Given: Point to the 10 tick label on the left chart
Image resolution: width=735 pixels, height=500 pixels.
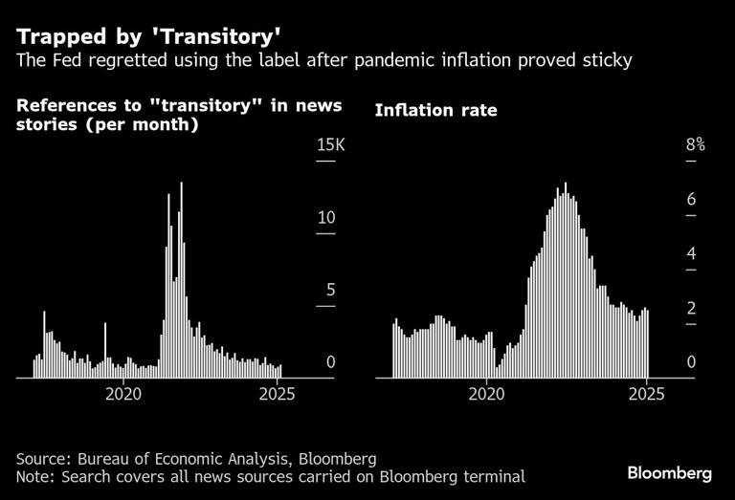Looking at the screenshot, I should pyautogui.click(x=326, y=217).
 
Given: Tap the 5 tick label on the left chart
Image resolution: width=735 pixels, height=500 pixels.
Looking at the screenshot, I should pyautogui.click(x=329, y=290).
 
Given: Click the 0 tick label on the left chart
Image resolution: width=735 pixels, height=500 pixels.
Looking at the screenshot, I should pyautogui.click(x=329, y=362).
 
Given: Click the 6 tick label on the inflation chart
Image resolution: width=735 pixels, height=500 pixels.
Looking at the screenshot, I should pyautogui.click(x=689, y=200).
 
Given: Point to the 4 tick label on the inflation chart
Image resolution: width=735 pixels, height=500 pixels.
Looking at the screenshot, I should pyautogui.click(x=689, y=254).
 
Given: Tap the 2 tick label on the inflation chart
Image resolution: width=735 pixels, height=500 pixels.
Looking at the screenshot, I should pyautogui.click(x=689, y=308).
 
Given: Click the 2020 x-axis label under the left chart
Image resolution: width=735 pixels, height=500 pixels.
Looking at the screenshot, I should pyautogui.click(x=122, y=393).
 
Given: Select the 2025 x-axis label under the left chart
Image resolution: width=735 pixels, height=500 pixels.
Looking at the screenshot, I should pyautogui.click(x=278, y=393).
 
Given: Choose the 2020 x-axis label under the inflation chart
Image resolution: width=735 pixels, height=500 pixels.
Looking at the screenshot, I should pyautogui.click(x=488, y=393).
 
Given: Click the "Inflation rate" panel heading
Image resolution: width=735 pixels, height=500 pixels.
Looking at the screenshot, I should pyautogui.click(x=435, y=110).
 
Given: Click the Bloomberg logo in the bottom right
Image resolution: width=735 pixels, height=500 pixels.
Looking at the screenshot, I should pyautogui.click(x=669, y=473).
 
